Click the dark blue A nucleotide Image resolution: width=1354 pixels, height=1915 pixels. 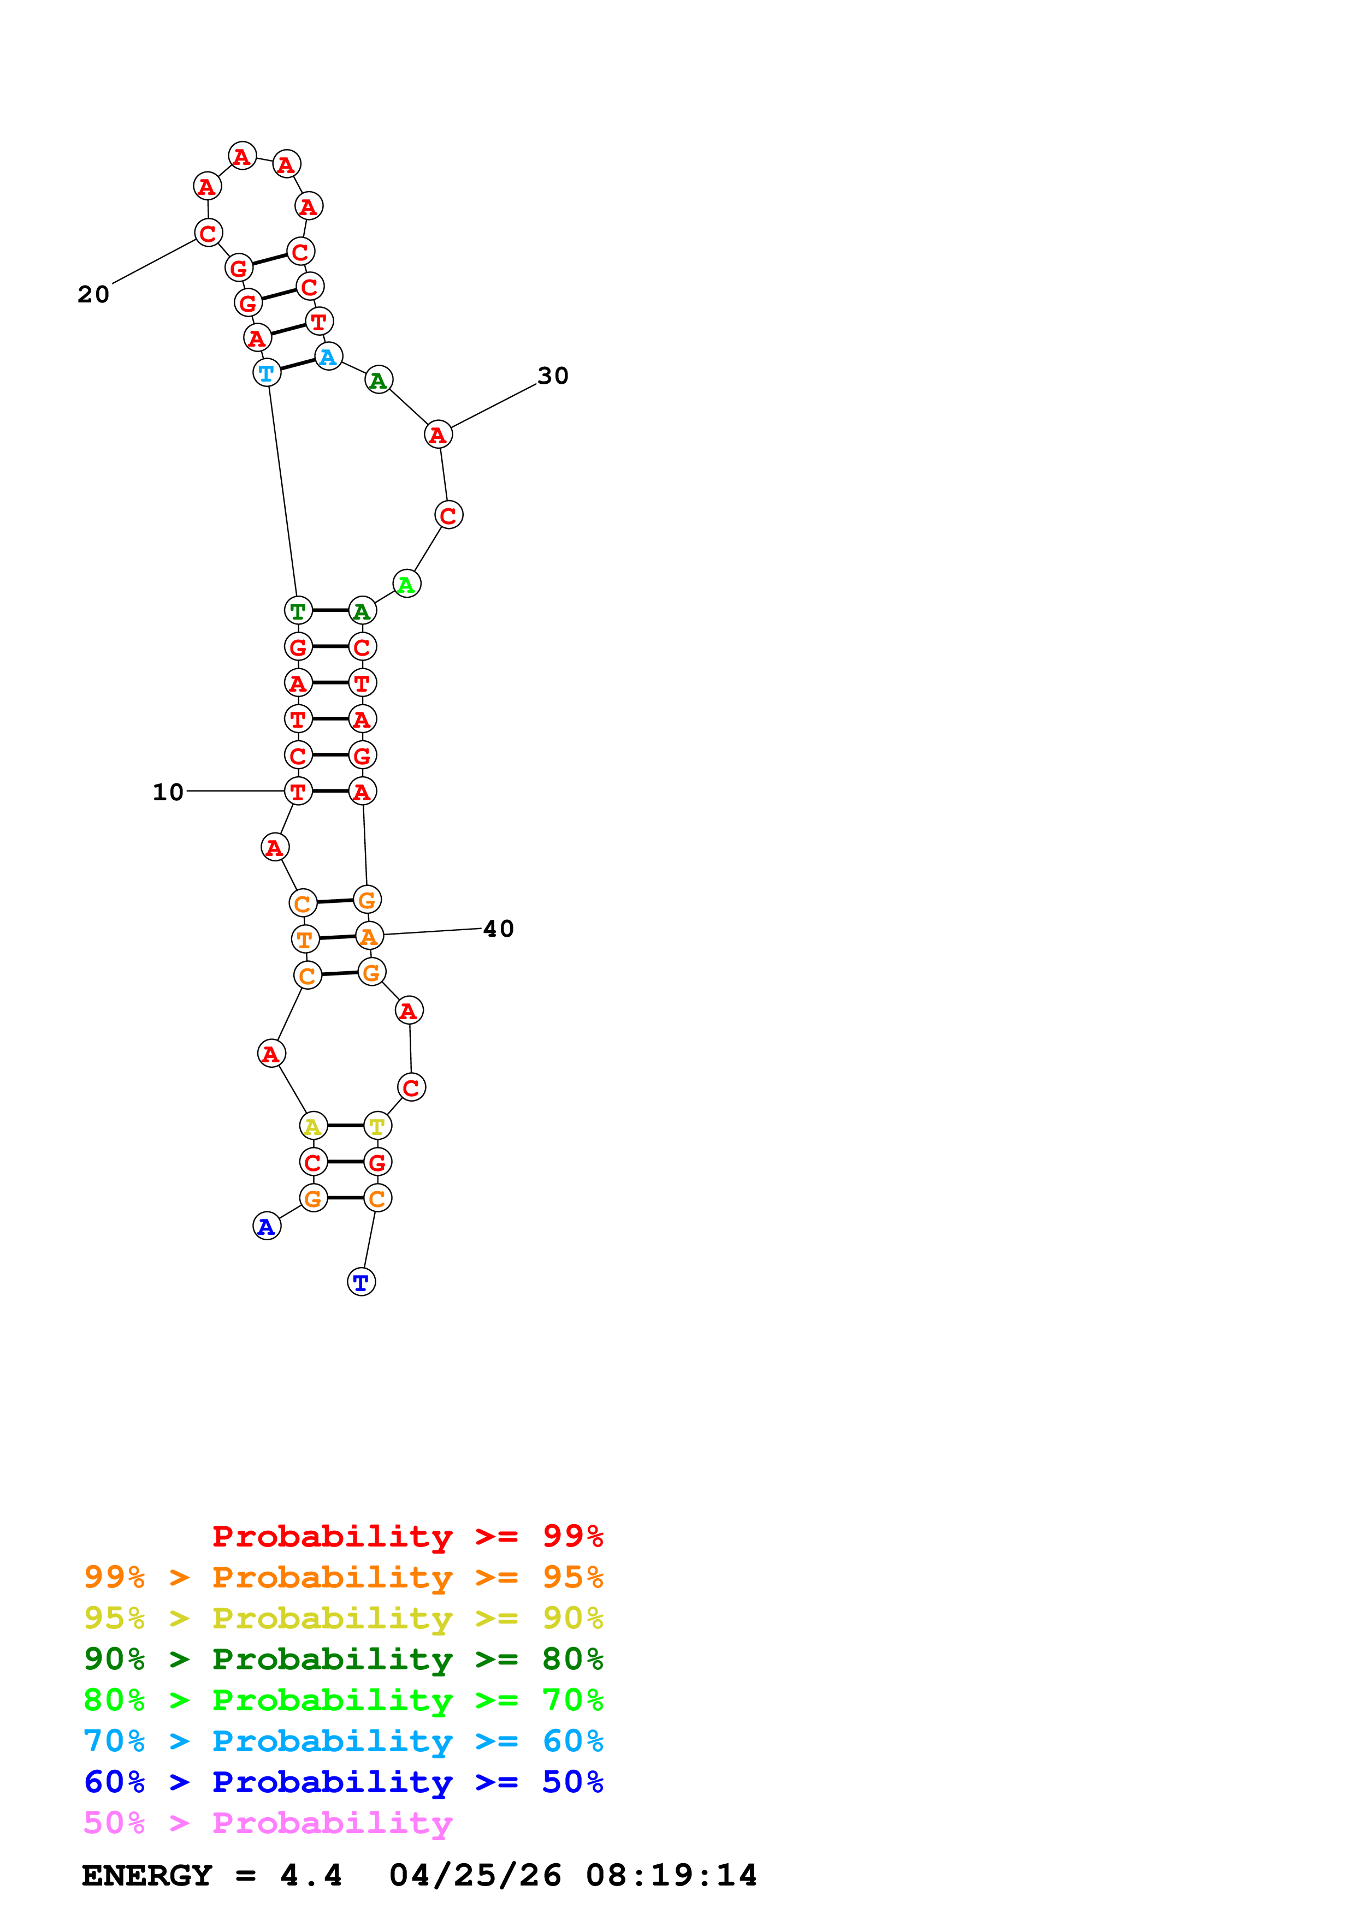266,1226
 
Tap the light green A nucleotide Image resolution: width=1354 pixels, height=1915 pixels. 406,584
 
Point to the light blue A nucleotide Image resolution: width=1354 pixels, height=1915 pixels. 329,357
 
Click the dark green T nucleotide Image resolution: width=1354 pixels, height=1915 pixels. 298,610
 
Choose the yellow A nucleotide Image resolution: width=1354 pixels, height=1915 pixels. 313,1126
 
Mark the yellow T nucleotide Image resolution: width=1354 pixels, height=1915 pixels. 377,1126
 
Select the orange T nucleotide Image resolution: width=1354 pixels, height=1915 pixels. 305,939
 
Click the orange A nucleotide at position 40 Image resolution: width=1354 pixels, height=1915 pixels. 369,936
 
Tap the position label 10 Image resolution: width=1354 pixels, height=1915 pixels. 168,792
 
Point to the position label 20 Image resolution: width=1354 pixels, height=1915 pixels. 93,294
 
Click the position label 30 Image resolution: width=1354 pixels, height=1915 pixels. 552,376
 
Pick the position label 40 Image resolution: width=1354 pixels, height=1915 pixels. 498,929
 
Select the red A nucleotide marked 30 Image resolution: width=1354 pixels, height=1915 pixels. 438,435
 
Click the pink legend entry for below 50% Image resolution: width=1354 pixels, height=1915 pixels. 268,1822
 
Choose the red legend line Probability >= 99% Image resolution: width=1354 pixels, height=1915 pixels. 407,1536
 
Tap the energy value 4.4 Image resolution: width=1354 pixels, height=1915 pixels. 310,1876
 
